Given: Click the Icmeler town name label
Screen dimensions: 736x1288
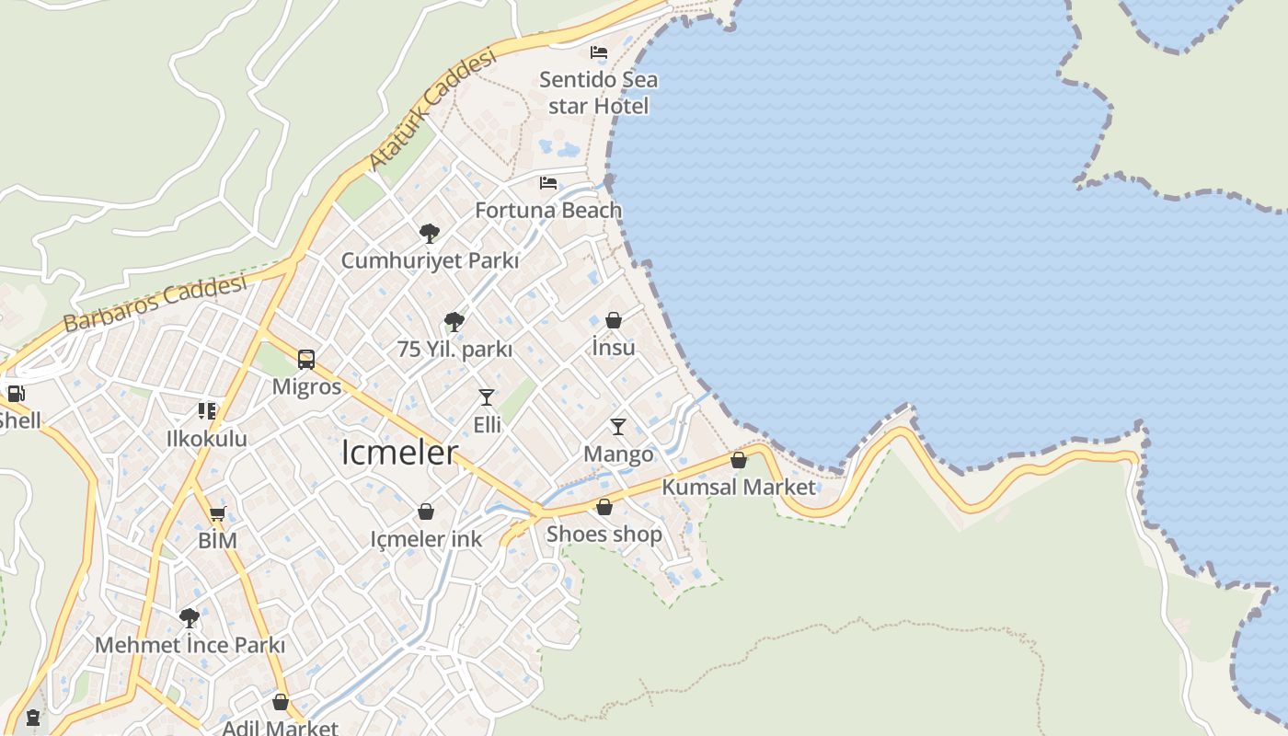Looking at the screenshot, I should [399, 453].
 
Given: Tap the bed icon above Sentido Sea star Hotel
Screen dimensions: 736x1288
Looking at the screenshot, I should [599, 52].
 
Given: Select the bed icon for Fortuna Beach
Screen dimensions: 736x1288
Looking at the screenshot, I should [548, 183].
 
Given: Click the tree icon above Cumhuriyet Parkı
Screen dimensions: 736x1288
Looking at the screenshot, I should [429, 233].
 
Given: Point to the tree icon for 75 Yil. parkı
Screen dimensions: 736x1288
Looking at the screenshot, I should [454, 322].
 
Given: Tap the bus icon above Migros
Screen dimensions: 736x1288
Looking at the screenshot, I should [306, 360].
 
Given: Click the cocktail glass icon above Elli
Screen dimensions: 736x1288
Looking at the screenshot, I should [487, 397].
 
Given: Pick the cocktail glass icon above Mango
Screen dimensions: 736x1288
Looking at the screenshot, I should [618, 427].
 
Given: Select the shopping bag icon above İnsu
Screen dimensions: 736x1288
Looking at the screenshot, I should [614, 320].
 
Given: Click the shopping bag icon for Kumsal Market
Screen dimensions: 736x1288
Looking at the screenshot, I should [739, 460].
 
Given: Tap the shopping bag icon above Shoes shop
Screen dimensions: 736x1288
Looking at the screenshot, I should [604, 507].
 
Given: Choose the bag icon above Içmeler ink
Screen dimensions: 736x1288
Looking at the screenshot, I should [426, 512].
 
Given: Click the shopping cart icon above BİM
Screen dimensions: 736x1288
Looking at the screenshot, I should [217, 513].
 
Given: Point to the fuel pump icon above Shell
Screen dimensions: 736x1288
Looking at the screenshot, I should [16, 395].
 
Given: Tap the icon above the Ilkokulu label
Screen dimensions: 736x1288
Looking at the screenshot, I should [207, 411].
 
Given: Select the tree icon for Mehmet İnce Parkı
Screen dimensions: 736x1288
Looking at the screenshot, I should [190, 617].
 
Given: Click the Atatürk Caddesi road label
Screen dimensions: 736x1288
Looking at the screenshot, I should [431, 109].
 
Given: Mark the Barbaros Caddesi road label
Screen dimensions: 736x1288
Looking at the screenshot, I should [155, 303].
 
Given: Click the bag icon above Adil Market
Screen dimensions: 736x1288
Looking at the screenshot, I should [281, 702].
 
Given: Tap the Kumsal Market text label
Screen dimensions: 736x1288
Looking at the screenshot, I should [739, 487].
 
